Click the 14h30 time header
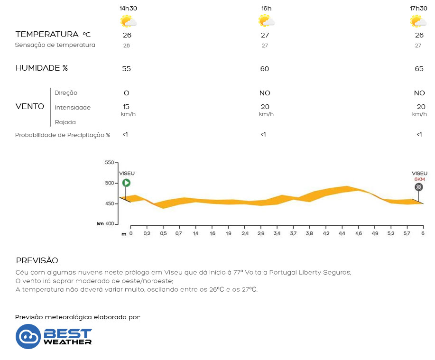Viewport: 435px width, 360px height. pos(128,9)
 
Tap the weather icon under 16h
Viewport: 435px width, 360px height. pos(266,21)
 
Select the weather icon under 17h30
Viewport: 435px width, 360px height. pos(418,21)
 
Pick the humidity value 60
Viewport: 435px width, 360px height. pos(265,69)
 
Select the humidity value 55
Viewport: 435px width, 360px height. pos(126,69)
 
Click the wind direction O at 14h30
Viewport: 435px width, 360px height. pos(126,93)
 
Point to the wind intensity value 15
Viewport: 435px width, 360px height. pos(126,107)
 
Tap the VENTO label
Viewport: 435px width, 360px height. pos(30,106)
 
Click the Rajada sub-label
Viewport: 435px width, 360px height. pos(65,122)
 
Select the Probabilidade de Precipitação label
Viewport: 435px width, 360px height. pos(63,135)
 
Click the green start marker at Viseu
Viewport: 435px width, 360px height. pos(126,183)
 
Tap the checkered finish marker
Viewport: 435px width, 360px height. pos(419,187)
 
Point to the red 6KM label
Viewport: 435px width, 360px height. pos(419,179)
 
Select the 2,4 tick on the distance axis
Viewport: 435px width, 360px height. pos(246,234)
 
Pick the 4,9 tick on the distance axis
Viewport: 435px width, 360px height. pos(375,234)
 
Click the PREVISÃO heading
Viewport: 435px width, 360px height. pos(37,261)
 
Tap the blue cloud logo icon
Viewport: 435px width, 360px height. pos(28,336)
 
